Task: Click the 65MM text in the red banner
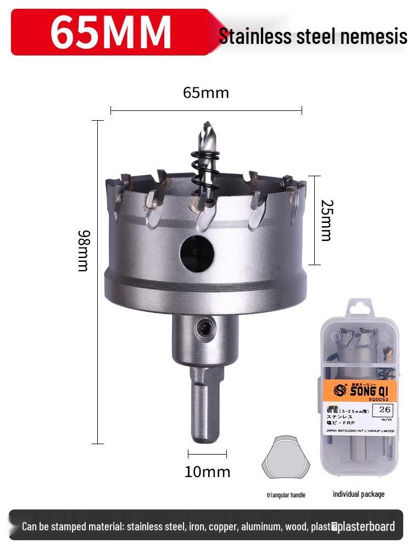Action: (110, 32)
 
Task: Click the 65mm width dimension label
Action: (206, 93)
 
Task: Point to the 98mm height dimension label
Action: (83, 251)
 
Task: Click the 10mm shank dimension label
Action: (207, 472)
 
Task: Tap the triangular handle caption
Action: (286, 495)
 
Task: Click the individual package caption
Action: (358, 494)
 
